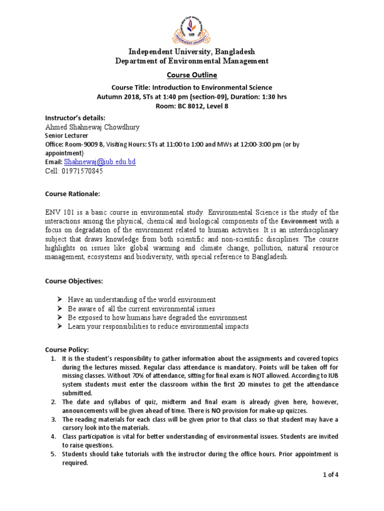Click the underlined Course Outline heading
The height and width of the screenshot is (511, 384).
(192, 75)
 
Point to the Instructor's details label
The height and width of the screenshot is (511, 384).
(75, 118)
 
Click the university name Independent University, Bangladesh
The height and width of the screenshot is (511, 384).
(192, 52)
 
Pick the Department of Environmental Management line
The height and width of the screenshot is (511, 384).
(192, 61)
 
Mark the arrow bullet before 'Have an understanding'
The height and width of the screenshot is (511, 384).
(59, 299)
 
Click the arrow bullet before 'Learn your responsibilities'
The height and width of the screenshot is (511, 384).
(59, 326)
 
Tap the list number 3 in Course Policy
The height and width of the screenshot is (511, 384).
(53, 419)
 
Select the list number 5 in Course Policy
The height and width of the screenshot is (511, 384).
(53, 454)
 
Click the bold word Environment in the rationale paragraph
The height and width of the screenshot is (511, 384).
(299, 221)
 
